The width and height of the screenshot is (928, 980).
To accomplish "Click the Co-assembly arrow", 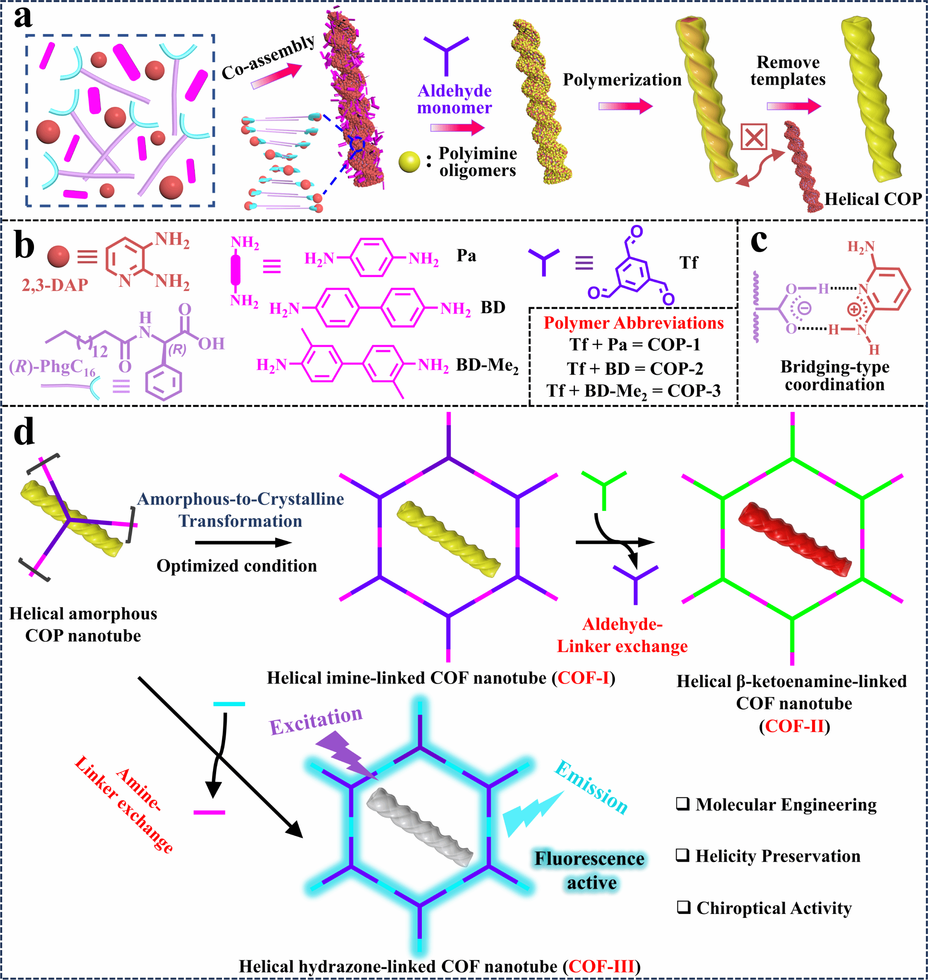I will pos(276,76).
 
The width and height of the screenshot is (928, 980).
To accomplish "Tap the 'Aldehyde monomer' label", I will pos(454,99).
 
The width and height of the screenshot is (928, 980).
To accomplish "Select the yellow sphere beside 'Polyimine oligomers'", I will pos(409,162).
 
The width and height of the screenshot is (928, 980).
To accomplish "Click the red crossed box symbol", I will pos(754,136).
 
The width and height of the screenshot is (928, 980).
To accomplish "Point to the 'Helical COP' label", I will pos(873,199).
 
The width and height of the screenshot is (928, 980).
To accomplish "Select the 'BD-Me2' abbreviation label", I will pos(487,366).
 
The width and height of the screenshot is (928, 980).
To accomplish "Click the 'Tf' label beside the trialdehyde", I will pos(689,262).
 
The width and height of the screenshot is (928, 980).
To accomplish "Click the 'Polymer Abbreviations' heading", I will pos(633,323).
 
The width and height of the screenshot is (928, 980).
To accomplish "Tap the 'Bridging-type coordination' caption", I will pos(835,375).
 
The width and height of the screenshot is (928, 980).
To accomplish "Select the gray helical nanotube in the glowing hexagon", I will pos(420,827).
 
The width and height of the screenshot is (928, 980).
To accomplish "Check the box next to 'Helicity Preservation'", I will pos(683,855).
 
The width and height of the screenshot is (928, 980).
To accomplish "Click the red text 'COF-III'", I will pos(601,965).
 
